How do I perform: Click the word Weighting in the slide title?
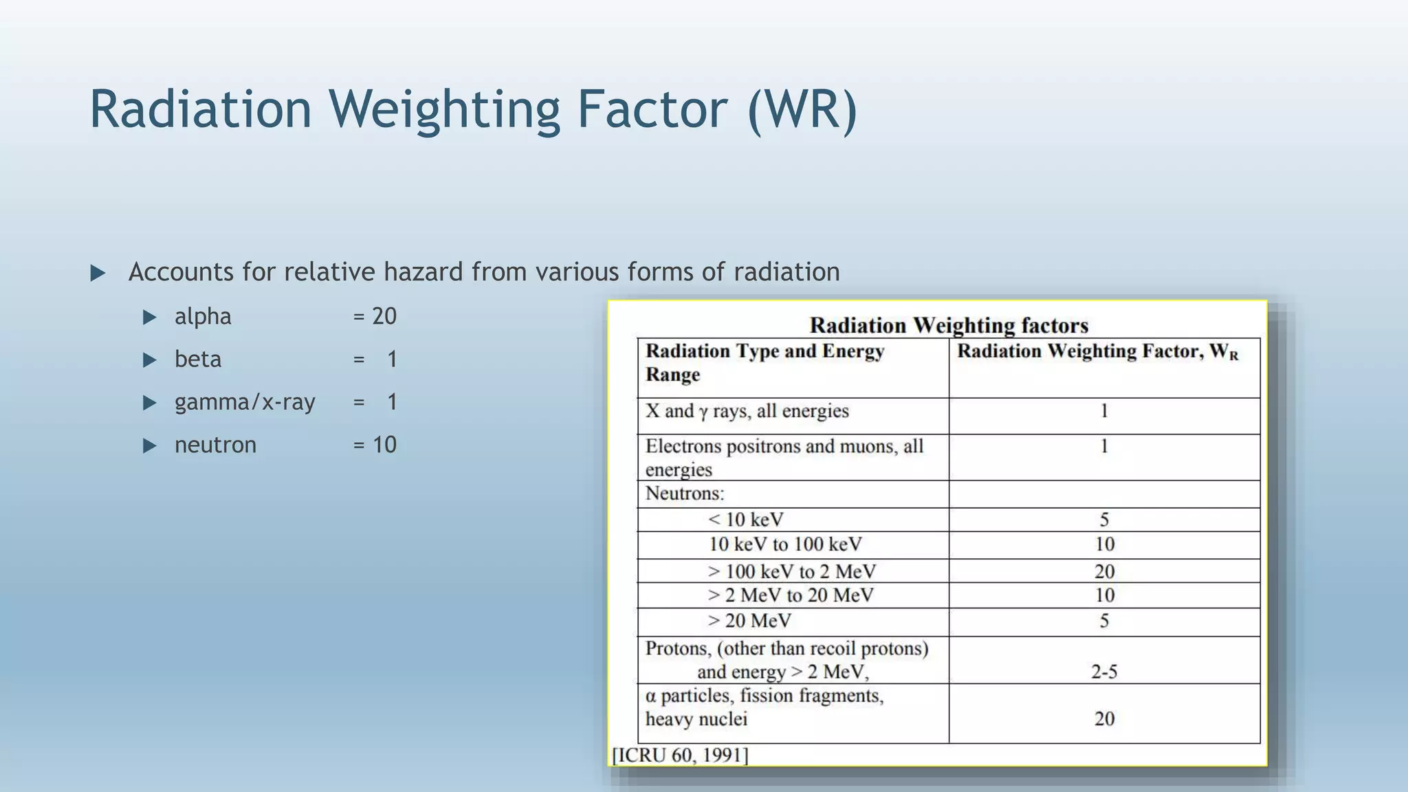click(444, 110)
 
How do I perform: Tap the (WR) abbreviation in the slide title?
click(802, 110)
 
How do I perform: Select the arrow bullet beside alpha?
click(149, 317)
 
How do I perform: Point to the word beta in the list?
click(198, 360)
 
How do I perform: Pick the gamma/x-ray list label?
click(245, 402)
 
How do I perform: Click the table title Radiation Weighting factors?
click(949, 325)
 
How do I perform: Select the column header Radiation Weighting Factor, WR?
click(1097, 352)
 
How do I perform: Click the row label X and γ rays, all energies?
click(747, 411)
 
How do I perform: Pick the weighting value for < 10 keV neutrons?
click(1104, 520)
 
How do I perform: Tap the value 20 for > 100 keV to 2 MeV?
click(1104, 571)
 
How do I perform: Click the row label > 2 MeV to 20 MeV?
click(791, 595)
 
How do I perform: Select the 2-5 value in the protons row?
click(1104, 672)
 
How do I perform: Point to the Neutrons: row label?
click(685, 494)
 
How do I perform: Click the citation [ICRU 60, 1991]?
click(680, 755)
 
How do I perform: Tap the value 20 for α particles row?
click(1104, 719)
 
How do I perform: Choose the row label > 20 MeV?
click(749, 621)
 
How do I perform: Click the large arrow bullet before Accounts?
click(98, 274)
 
